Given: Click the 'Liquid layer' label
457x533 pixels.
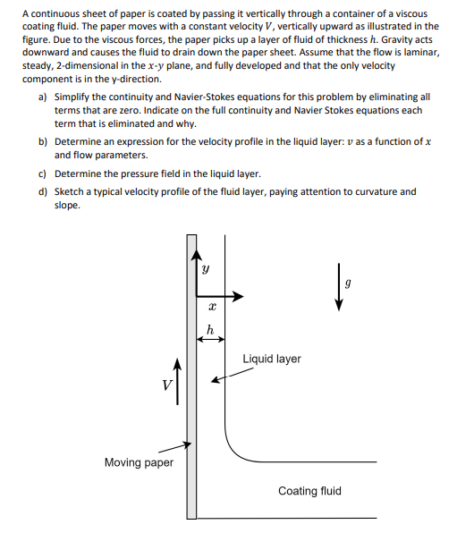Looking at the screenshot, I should click(272, 359).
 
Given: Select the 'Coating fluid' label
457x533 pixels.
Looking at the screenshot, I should click(309, 491).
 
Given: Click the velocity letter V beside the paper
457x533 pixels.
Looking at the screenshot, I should click(165, 387).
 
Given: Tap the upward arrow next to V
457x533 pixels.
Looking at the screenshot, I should click(177, 379).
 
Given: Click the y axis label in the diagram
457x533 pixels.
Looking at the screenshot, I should click(206, 267).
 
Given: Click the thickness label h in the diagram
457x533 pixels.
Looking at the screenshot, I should click(209, 327).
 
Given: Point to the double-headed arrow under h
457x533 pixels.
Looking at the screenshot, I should click(209, 339).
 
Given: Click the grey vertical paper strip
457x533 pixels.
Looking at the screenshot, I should click(191, 376).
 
